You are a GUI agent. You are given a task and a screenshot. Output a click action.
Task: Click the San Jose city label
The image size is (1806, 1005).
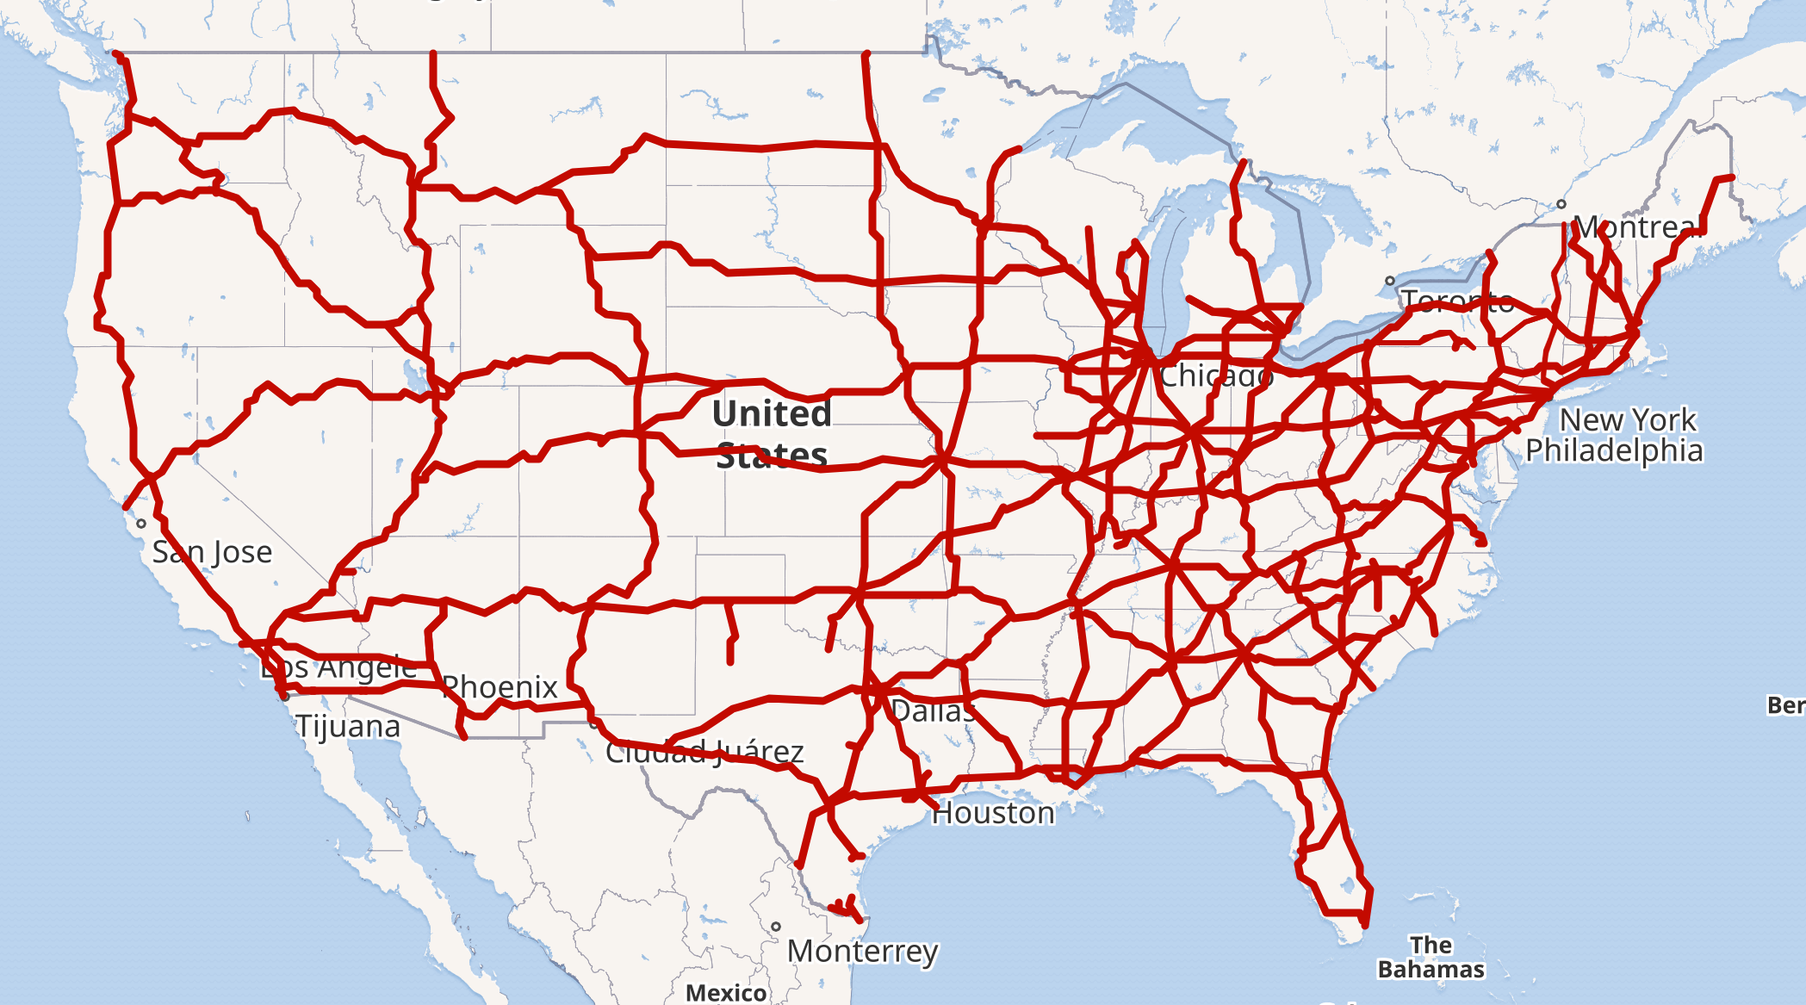click(x=212, y=552)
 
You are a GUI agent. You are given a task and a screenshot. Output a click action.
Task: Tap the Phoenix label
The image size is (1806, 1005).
click(x=500, y=687)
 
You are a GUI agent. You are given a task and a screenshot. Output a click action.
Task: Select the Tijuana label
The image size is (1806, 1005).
click(x=348, y=727)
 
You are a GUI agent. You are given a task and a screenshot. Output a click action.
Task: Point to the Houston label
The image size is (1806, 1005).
click(x=993, y=813)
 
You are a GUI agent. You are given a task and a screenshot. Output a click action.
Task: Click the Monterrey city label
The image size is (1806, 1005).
click(x=862, y=952)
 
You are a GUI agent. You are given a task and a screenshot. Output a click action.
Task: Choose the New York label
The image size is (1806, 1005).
click(x=1628, y=420)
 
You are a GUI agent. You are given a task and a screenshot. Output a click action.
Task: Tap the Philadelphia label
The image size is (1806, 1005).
click(x=1614, y=450)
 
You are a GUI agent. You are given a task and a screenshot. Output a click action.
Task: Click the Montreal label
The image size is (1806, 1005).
click(x=1638, y=227)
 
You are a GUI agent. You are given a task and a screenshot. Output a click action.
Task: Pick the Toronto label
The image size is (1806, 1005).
click(x=1457, y=301)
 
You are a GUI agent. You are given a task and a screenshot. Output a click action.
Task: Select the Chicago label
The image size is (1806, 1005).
click(x=1216, y=375)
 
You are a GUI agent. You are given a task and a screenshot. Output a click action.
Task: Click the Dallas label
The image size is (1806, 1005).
click(x=933, y=711)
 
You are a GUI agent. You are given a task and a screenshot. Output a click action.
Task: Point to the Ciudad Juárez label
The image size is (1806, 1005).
click(x=704, y=752)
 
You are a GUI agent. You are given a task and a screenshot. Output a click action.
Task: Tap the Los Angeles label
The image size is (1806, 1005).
click(x=338, y=667)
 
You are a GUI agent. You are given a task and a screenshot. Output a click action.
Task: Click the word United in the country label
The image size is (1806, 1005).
click(x=772, y=414)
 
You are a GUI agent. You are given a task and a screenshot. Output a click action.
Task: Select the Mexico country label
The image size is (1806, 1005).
click(x=726, y=993)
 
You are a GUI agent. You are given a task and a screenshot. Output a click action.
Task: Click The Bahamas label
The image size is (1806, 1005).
click(x=1431, y=957)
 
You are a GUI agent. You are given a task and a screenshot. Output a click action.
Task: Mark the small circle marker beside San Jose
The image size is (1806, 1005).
click(x=141, y=524)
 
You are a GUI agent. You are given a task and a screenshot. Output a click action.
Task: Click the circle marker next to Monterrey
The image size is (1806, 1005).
click(x=776, y=927)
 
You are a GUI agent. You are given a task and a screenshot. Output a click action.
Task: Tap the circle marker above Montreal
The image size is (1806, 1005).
click(x=1561, y=204)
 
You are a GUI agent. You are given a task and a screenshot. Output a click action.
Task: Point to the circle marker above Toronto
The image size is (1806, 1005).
click(x=1389, y=281)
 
